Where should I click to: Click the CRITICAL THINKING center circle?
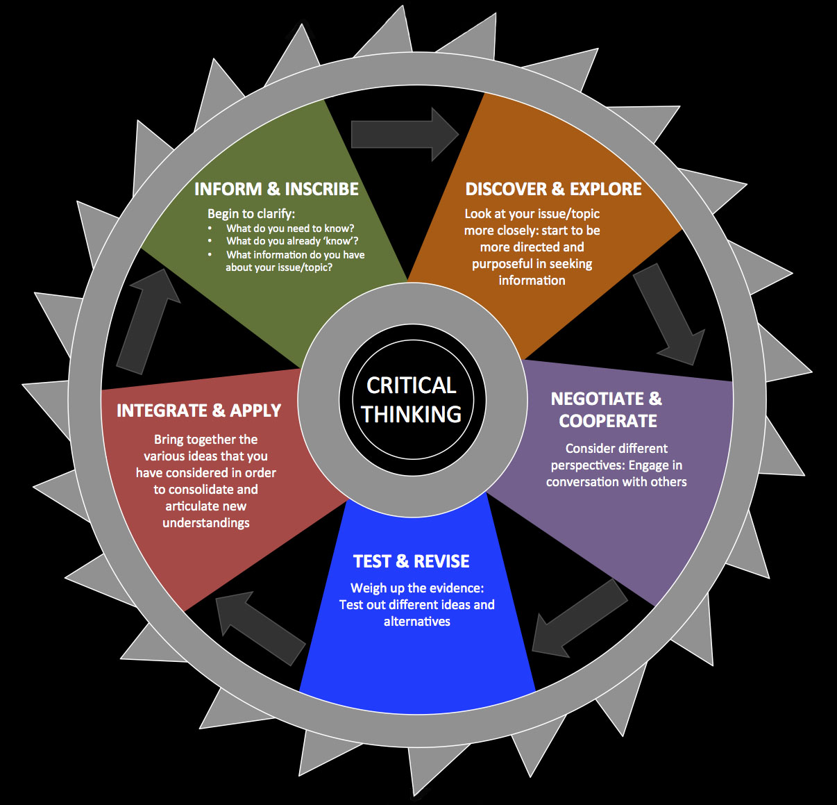tap(412, 400)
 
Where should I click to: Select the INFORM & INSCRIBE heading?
tap(276, 189)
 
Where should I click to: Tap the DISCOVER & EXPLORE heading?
tap(553, 189)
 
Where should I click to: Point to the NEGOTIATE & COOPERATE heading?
tap(607, 410)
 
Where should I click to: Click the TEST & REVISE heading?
tap(411, 561)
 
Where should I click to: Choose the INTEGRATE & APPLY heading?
tap(198, 410)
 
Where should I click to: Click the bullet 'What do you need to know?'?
tap(290, 229)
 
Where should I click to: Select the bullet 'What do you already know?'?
tap(292, 241)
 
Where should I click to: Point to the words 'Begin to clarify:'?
tap(251, 214)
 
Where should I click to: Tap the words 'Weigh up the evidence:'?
tap(417, 588)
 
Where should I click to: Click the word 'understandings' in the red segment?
tap(206, 523)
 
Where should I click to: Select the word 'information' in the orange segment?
tap(532, 281)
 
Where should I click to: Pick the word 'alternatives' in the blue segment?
tap(417, 622)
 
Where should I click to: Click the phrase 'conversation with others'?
tap(616, 482)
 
